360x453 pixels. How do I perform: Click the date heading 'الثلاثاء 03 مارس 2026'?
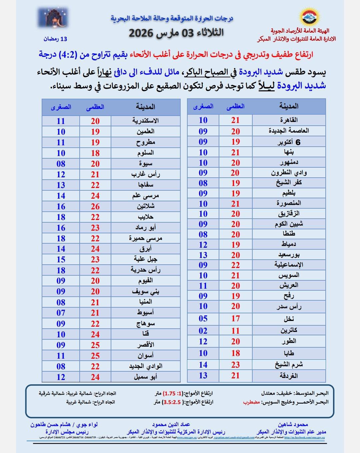tap(176, 33)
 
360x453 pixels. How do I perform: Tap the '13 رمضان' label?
tap(55, 39)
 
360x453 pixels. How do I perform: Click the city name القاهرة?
tap(289, 120)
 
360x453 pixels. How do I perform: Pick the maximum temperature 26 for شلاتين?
tap(95, 206)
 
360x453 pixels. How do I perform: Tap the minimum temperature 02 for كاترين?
tap(203, 331)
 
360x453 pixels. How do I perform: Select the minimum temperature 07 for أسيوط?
tap(61, 313)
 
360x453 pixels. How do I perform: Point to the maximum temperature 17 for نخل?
tap(235, 318)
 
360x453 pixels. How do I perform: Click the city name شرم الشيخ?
tap(289, 365)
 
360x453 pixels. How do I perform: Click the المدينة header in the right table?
tap(289, 106)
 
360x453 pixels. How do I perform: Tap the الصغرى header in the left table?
tap(61, 107)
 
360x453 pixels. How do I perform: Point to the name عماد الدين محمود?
tap(171, 425)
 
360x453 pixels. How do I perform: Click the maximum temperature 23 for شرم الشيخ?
tap(235, 365)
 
